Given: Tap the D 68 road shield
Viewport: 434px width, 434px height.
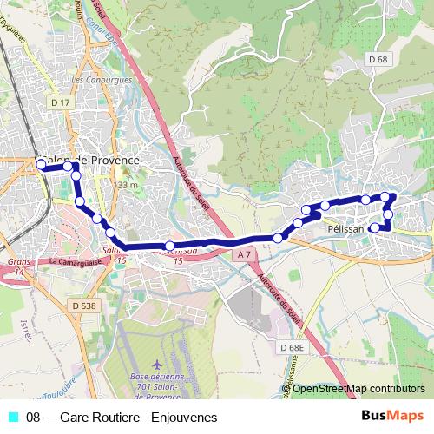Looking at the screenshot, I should pyautogui.click(x=377, y=59).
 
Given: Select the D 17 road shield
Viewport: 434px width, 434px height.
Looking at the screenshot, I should pyautogui.click(x=60, y=102).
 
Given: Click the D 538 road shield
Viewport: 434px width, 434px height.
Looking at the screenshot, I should pyautogui.click(x=84, y=306).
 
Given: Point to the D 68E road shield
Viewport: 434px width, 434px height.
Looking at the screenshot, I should pyautogui.click(x=292, y=347).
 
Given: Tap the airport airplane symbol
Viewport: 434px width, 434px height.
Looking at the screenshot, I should pyautogui.click(x=155, y=362).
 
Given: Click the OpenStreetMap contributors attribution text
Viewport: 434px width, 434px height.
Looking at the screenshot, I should pyautogui.click(x=358, y=388).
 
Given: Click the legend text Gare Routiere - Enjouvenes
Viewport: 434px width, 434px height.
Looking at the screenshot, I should pyautogui.click(x=122, y=417).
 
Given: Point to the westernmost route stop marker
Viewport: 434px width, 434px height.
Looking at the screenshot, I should pyautogui.click(x=41, y=163).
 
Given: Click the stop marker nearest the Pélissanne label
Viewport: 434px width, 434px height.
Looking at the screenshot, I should pyautogui.click(x=375, y=227).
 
